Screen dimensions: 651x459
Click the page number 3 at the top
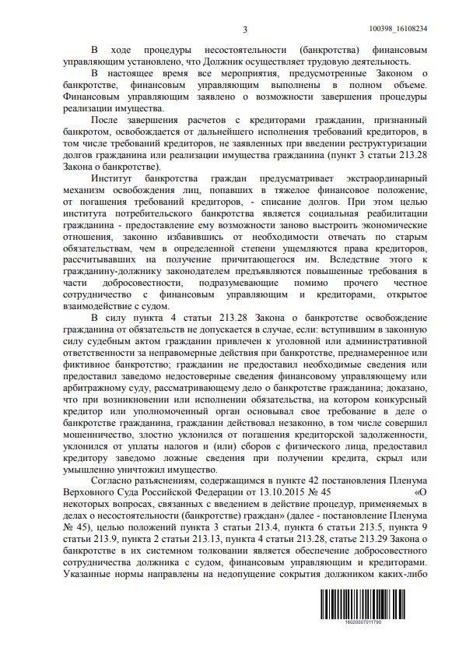245,30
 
